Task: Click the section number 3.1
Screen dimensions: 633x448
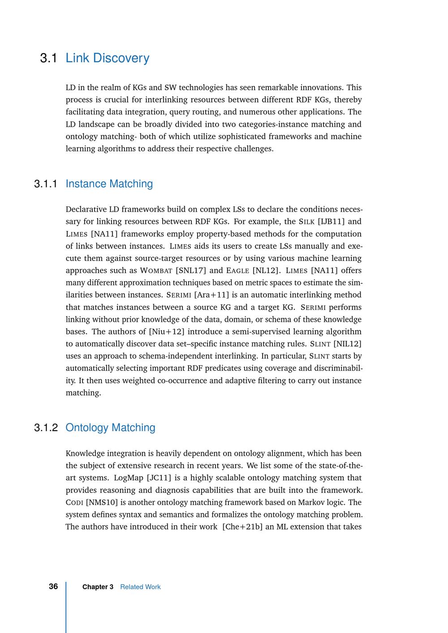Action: pyautogui.click(x=48, y=58)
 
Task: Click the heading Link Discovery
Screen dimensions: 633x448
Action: pyautogui.click(x=108, y=58)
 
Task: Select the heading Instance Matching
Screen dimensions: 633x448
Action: pyautogui.click(x=109, y=184)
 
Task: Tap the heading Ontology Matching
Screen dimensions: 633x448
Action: pyautogui.click(x=110, y=428)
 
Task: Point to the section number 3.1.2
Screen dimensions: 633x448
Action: pyautogui.click(x=46, y=428)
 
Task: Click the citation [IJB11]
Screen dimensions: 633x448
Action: pyautogui.click(x=331, y=222)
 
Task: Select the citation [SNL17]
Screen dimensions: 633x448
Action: pyautogui.click(x=191, y=270)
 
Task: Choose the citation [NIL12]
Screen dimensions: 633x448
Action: pyautogui.click(x=348, y=344)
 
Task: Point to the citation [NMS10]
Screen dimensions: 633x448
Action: pyautogui.click(x=101, y=502)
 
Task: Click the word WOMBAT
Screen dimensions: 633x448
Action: pyautogui.click(x=156, y=271)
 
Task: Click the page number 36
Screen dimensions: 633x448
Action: pyautogui.click(x=53, y=586)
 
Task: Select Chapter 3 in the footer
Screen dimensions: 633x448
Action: pyautogui.click(x=98, y=587)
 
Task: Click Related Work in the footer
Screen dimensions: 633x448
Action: pyautogui.click(x=140, y=587)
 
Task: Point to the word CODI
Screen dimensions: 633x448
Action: pyautogui.click(x=74, y=503)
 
